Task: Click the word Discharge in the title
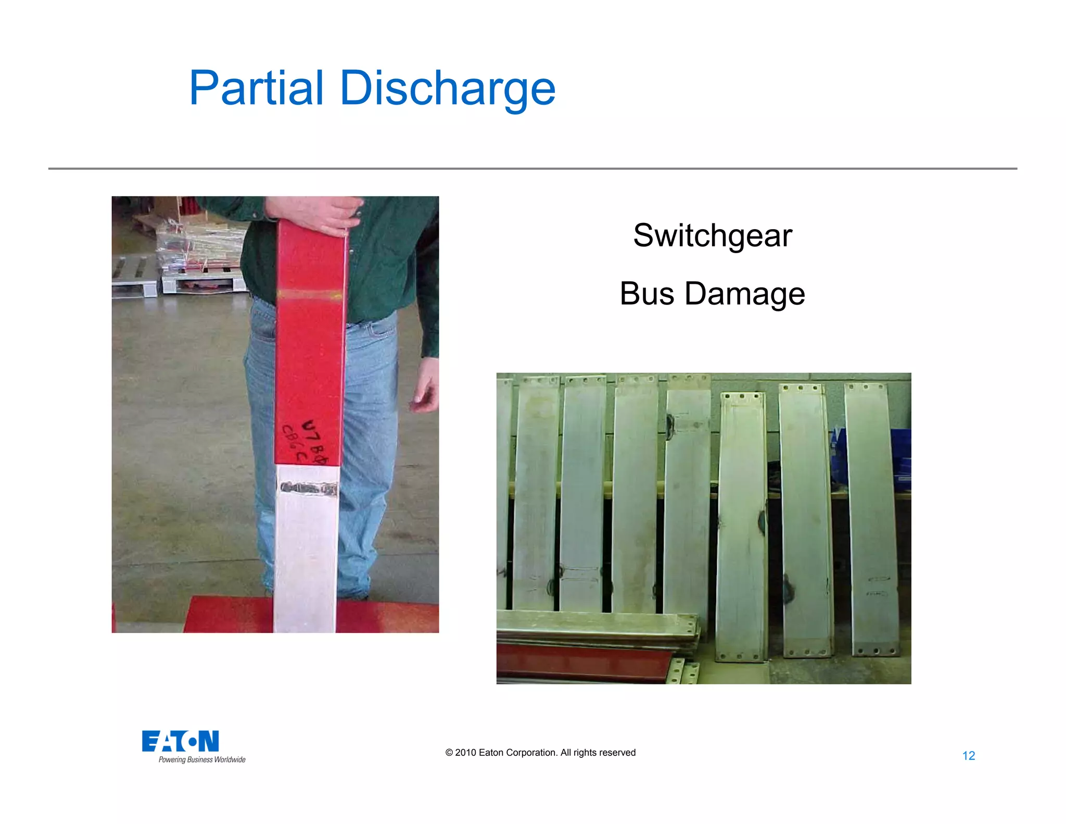(x=448, y=89)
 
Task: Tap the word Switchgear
(x=712, y=235)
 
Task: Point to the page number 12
(x=968, y=756)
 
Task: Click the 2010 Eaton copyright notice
(x=540, y=753)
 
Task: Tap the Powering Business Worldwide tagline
(x=202, y=760)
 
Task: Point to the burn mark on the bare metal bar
(x=308, y=489)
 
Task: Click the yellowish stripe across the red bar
(x=309, y=294)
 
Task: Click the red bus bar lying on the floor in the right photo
(x=578, y=663)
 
